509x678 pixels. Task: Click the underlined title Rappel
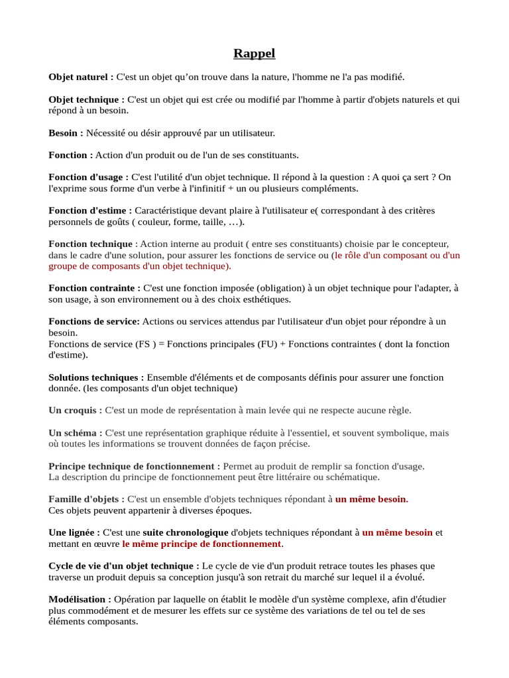tap(254, 54)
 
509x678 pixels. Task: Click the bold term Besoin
tap(63, 133)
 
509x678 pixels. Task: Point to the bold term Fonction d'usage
tap(86, 177)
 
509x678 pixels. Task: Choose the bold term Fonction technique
tap(90, 244)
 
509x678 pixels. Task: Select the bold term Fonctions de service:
tap(94, 322)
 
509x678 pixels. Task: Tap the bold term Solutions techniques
tap(93, 377)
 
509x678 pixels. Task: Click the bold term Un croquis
tap(72, 411)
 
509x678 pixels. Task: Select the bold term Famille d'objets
tap(84, 499)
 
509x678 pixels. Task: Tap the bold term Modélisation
tap(77, 599)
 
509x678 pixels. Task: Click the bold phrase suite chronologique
tap(186, 532)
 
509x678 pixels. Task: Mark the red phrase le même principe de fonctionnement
tap(201, 544)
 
